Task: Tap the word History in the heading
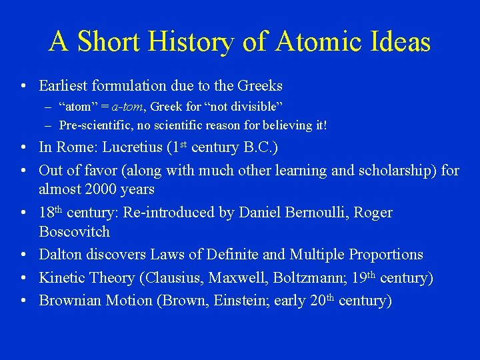[192, 42]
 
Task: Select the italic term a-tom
[125, 107]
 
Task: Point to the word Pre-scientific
[91, 125]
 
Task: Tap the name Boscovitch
[75, 232]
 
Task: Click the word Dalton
[61, 255]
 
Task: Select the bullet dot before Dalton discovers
[24, 255]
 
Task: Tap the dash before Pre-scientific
[49, 125]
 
